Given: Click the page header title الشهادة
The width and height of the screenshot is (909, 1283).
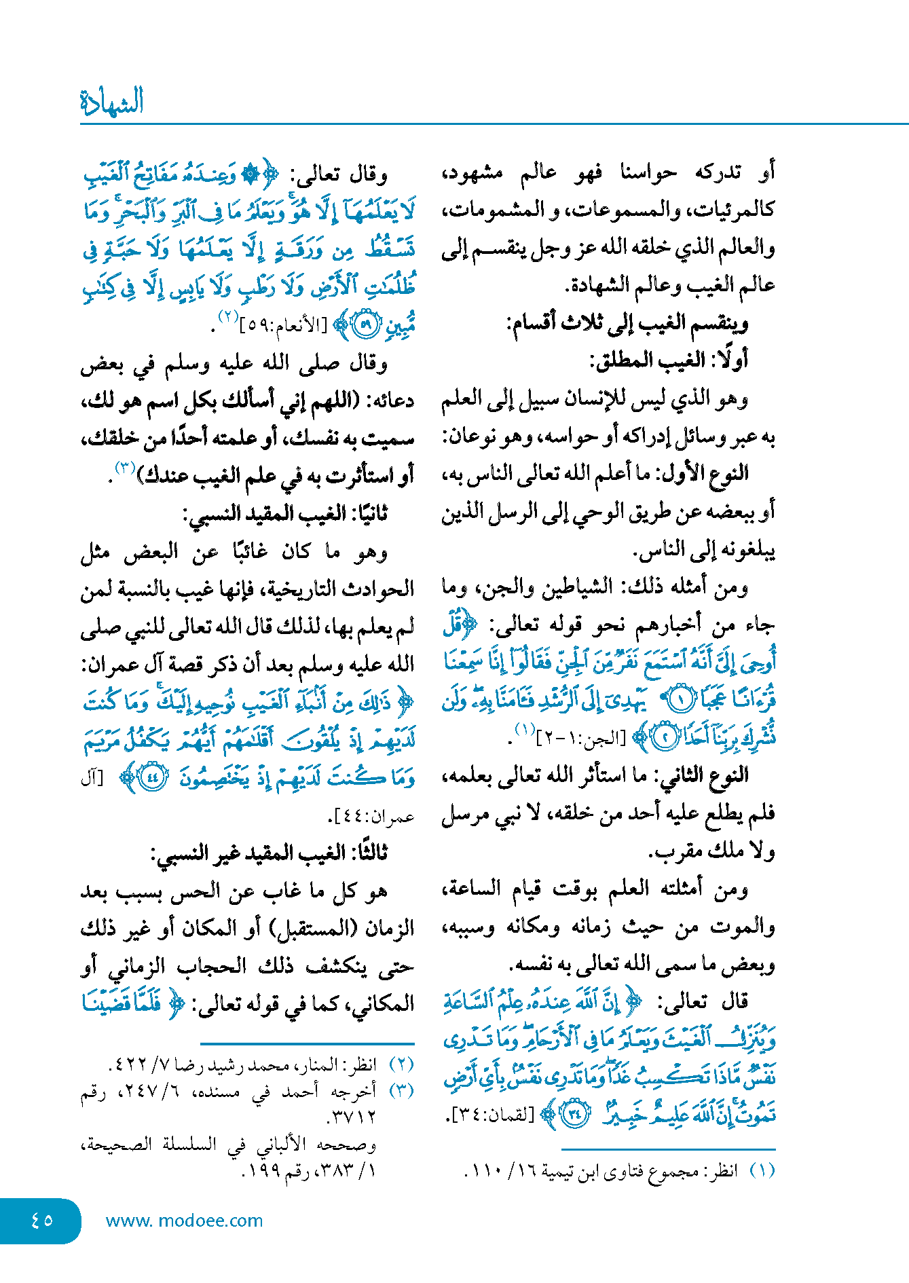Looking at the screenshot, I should pyautogui.click(x=112, y=102).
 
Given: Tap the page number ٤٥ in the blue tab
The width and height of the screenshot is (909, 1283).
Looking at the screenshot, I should pyautogui.click(x=41, y=1220).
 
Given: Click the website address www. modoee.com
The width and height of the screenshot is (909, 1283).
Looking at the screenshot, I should pyautogui.click(x=184, y=1221).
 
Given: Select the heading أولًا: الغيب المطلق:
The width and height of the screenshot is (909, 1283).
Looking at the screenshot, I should pyautogui.click(x=668, y=360).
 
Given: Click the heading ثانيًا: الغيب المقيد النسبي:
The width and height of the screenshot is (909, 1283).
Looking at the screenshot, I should pyautogui.click(x=285, y=513).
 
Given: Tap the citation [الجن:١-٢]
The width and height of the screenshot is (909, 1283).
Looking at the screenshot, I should pyautogui.click(x=581, y=738).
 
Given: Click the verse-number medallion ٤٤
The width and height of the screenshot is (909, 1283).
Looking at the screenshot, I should pyautogui.click(x=152, y=778).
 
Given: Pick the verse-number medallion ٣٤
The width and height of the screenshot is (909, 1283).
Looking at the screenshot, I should pyautogui.click(x=575, y=1114).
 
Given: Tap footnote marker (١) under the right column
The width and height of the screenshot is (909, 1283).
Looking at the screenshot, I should pyautogui.click(x=762, y=1171).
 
